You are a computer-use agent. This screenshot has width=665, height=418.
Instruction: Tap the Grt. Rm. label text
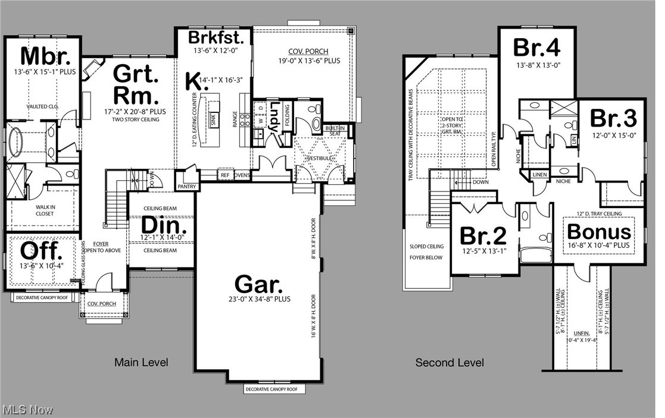pos(136,84)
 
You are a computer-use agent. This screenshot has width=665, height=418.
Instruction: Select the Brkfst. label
pos(216,37)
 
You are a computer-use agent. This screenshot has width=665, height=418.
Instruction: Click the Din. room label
pos(164,227)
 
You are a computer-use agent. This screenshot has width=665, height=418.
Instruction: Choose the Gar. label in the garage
pos(258,284)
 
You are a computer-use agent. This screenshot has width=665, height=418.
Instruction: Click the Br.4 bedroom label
pos(537,48)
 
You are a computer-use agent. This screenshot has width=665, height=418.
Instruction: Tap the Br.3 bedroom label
pos(613,118)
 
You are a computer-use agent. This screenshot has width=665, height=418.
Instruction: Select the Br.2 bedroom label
pos(483,235)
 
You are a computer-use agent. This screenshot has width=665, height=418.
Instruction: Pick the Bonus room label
pos(598,231)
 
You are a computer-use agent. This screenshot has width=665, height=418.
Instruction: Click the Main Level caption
pos(141,362)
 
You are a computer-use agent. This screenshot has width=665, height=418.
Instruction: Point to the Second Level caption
pos(449,363)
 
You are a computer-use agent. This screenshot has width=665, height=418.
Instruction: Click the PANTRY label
pos(186,187)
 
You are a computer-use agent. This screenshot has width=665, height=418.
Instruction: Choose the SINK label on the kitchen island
pos(214,117)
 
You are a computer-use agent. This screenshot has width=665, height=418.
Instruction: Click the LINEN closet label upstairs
pos(539,175)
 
